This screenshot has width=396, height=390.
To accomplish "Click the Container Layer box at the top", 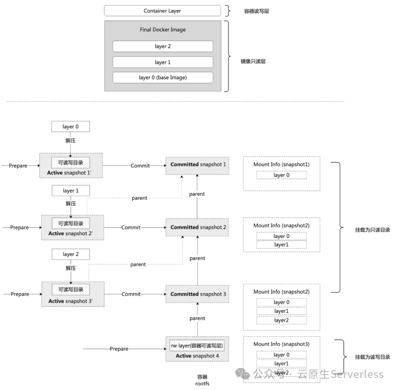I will point(162,11).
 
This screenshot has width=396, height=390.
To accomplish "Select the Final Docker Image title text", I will point(162,30).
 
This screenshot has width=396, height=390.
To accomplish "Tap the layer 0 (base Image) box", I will point(162,78).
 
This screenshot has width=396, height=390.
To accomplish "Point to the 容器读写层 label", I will point(256,11).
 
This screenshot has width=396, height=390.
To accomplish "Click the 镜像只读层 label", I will point(253,61).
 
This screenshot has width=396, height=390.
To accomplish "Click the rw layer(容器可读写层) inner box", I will point(197,346).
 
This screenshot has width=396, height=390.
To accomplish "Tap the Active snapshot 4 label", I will point(197,356).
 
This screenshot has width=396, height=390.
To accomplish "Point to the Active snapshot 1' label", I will point(71,172).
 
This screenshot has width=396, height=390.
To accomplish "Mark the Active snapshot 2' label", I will point(72,234).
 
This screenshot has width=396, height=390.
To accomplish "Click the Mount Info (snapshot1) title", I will point(281,165).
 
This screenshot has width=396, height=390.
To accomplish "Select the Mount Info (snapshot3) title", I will point(281,344).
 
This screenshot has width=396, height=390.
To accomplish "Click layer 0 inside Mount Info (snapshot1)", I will point(281,175).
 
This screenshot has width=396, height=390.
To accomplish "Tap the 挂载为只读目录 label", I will point(372,230).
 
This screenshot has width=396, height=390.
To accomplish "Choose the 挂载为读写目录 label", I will point(372,357).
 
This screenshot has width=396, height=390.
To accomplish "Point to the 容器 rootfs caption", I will point(202,380).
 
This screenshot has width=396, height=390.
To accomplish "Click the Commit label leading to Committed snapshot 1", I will point(140,166).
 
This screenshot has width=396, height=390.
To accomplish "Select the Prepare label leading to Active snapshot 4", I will point(119,349).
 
